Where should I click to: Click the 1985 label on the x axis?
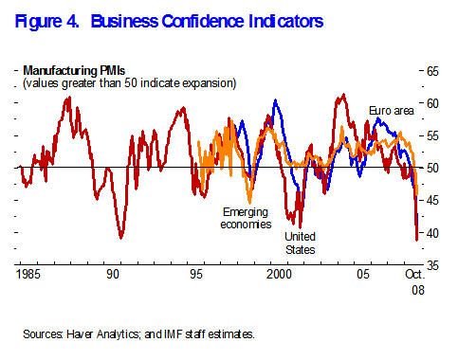(x=30, y=274)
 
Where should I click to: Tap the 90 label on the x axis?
(x=113, y=274)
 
